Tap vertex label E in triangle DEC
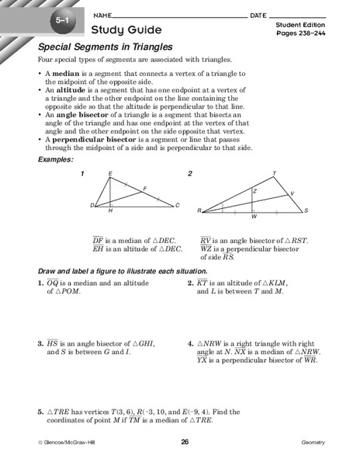110,173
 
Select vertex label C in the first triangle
178,205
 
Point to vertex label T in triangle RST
273,172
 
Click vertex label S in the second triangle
306,210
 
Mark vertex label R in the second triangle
199,210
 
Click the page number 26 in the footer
185,442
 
